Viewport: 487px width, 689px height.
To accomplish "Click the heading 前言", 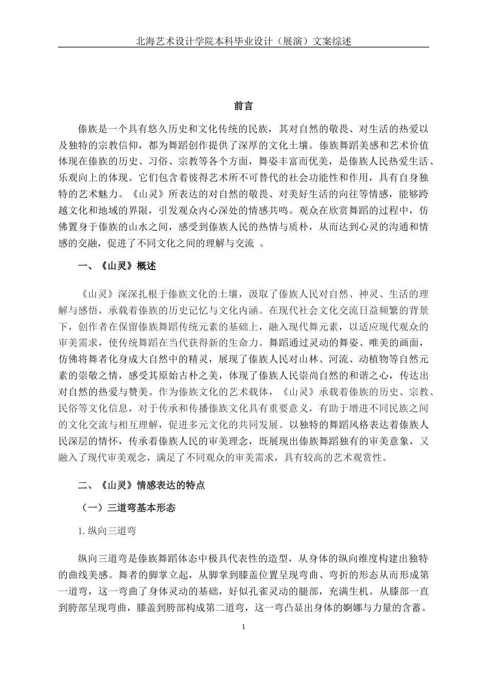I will click(x=243, y=106).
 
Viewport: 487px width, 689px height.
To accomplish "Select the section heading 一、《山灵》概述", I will click(x=116, y=266).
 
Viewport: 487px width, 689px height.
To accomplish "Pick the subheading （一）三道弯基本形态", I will click(x=128, y=508).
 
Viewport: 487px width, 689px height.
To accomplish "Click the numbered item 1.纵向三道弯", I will click(x=107, y=531).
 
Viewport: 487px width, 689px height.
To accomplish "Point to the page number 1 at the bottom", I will click(x=243, y=627).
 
